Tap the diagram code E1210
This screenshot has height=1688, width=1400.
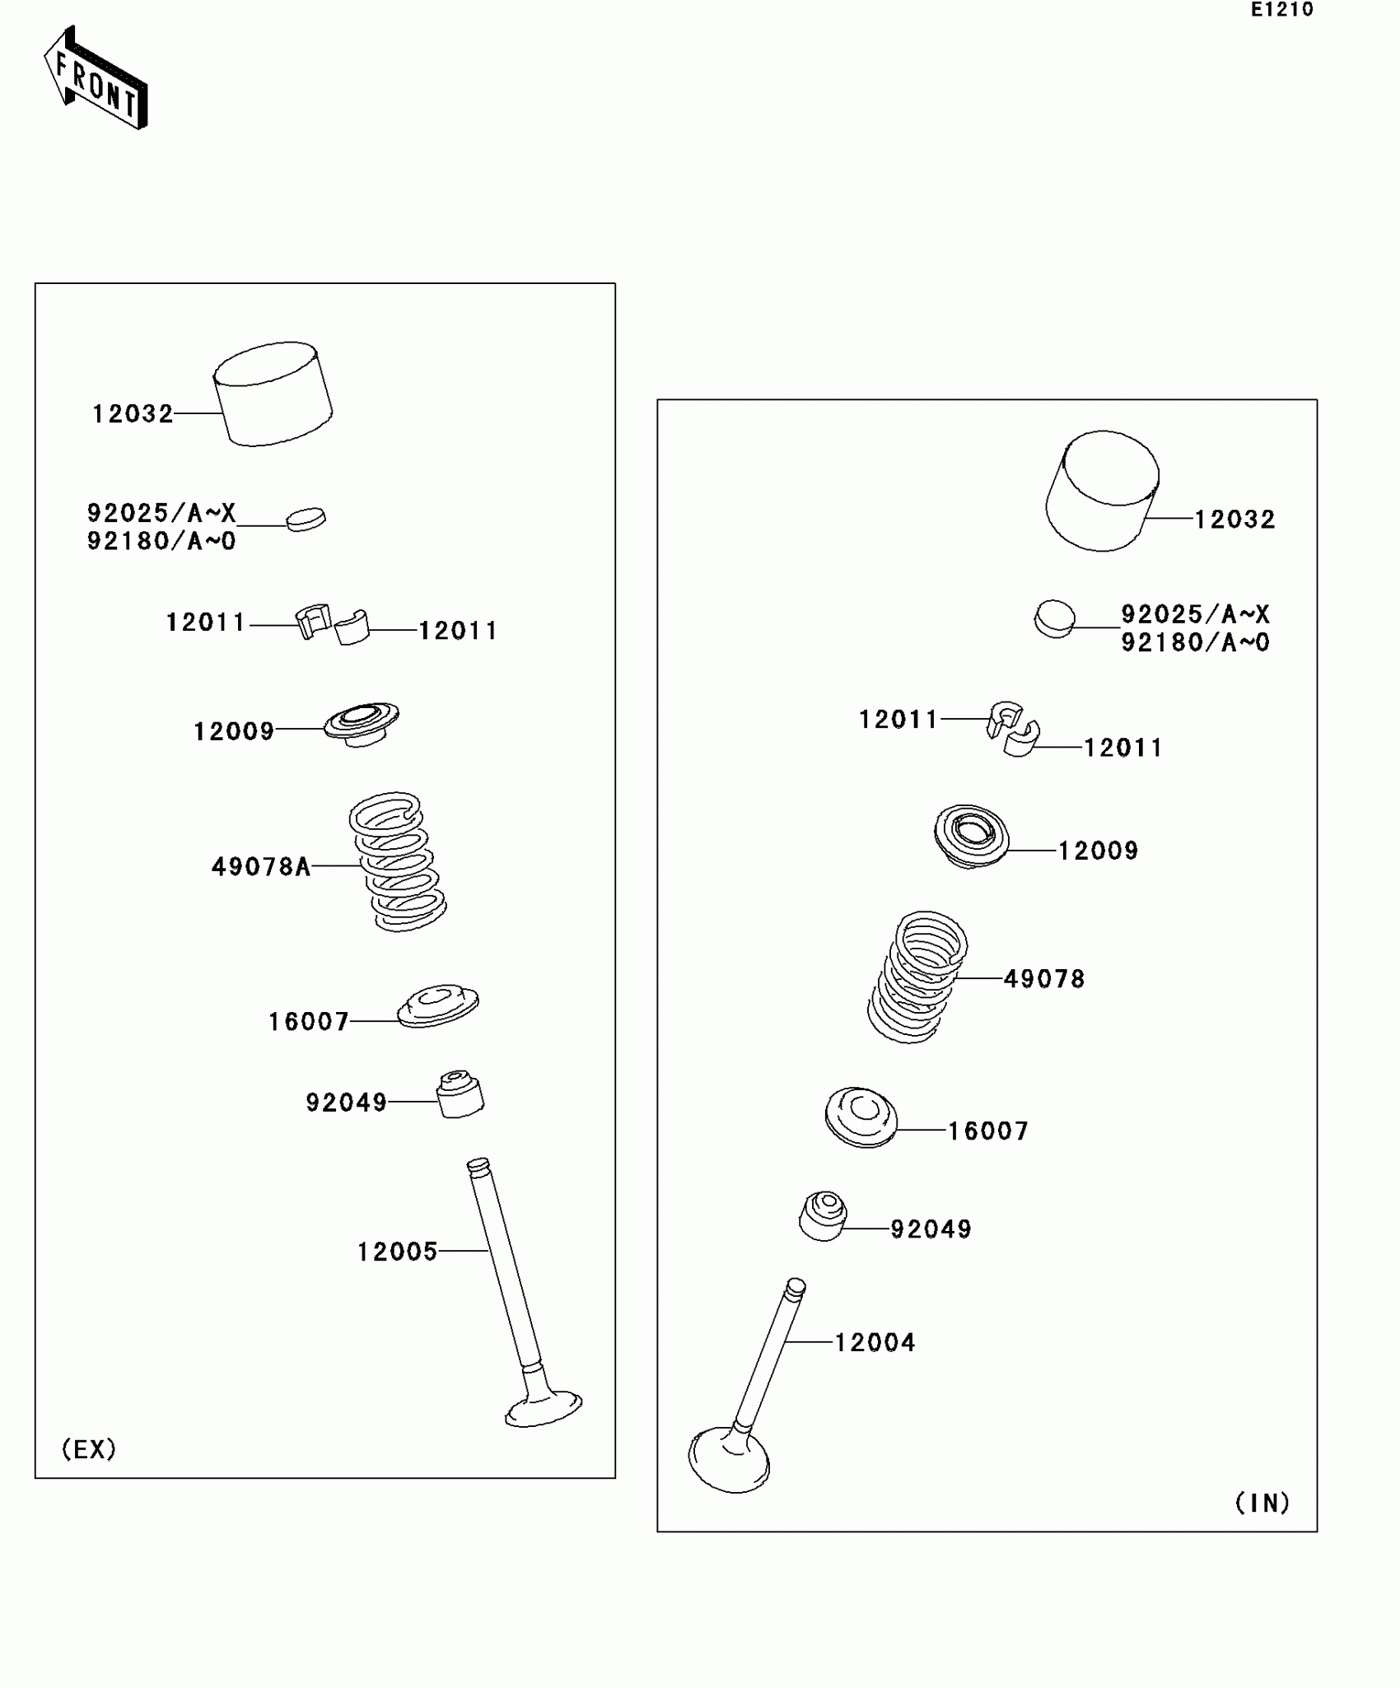[x=1281, y=10]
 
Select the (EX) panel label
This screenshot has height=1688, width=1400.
[x=89, y=1449]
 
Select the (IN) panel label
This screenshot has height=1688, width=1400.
[x=1262, y=1503]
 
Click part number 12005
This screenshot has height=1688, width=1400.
[x=397, y=1252]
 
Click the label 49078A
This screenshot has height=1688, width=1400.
[x=261, y=866]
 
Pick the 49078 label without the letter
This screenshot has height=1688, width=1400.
[x=1044, y=978]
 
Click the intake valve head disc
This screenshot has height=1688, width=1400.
[x=729, y=1462]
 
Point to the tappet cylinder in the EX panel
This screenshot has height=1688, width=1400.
[x=273, y=394]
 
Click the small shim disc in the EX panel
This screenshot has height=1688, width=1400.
[x=306, y=519]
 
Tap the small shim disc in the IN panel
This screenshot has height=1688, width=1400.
[x=1054, y=619]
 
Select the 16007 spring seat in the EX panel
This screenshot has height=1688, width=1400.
[x=437, y=1005]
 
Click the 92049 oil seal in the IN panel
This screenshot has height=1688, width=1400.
[x=823, y=1215]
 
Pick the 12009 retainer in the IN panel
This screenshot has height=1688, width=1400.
[x=972, y=836]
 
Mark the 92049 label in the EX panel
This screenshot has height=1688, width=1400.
[x=346, y=1102]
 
